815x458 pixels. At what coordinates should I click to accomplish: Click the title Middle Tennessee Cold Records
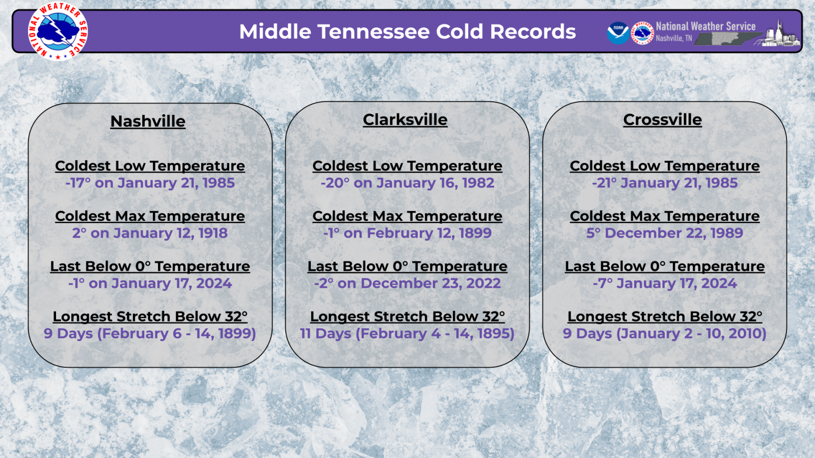[407, 32]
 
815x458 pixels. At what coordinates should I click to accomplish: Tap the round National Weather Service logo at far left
[58, 31]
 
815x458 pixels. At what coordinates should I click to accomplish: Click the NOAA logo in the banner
[618, 33]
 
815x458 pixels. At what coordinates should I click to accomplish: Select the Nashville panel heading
[148, 122]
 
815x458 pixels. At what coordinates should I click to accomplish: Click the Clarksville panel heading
[405, 120]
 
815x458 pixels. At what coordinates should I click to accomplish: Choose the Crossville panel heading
[662, 120]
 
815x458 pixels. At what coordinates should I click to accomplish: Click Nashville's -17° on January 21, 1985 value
[150, 183]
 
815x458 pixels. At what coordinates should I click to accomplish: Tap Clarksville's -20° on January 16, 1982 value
[407, 183]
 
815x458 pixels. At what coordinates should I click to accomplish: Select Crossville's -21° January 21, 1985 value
[664, 183]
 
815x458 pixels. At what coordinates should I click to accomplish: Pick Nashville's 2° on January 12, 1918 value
[150, 233]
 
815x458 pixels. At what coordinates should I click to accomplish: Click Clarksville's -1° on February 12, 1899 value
[407, 233]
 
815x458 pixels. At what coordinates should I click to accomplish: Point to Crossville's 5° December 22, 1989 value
[664, 233]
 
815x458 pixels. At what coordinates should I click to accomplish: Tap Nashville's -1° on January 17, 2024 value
[150, 283]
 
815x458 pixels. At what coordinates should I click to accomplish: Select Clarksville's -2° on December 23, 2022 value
[407, 283]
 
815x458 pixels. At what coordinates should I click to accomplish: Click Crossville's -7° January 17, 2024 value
[664, 283]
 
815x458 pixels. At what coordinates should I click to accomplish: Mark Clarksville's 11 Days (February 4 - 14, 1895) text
[407, 334]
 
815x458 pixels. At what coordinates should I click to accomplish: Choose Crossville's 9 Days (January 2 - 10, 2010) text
[664, 334]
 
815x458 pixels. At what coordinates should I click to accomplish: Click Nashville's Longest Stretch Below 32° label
[150, 317]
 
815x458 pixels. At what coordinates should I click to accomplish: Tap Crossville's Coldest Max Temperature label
[664, 216]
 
